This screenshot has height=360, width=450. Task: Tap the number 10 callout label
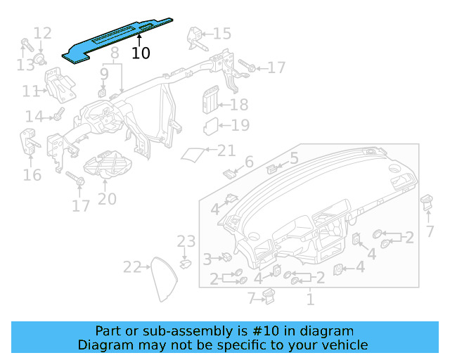[x=141, y=53]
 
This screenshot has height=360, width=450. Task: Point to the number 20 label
[x=107, y=200]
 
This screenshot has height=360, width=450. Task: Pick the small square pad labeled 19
[x=211, y=127]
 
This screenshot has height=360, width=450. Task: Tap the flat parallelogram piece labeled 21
[x=193, y=153]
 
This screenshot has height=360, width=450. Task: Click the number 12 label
[x=42, y=32]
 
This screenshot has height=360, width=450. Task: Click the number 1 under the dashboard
[x=309, y=300]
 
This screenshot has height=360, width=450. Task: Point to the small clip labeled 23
[x=186, y=264]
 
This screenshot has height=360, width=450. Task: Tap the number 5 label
[x=294, y=158]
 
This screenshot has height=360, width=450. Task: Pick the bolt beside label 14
[x=58, y=112]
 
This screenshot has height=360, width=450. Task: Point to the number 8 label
[x=115, y=53]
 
